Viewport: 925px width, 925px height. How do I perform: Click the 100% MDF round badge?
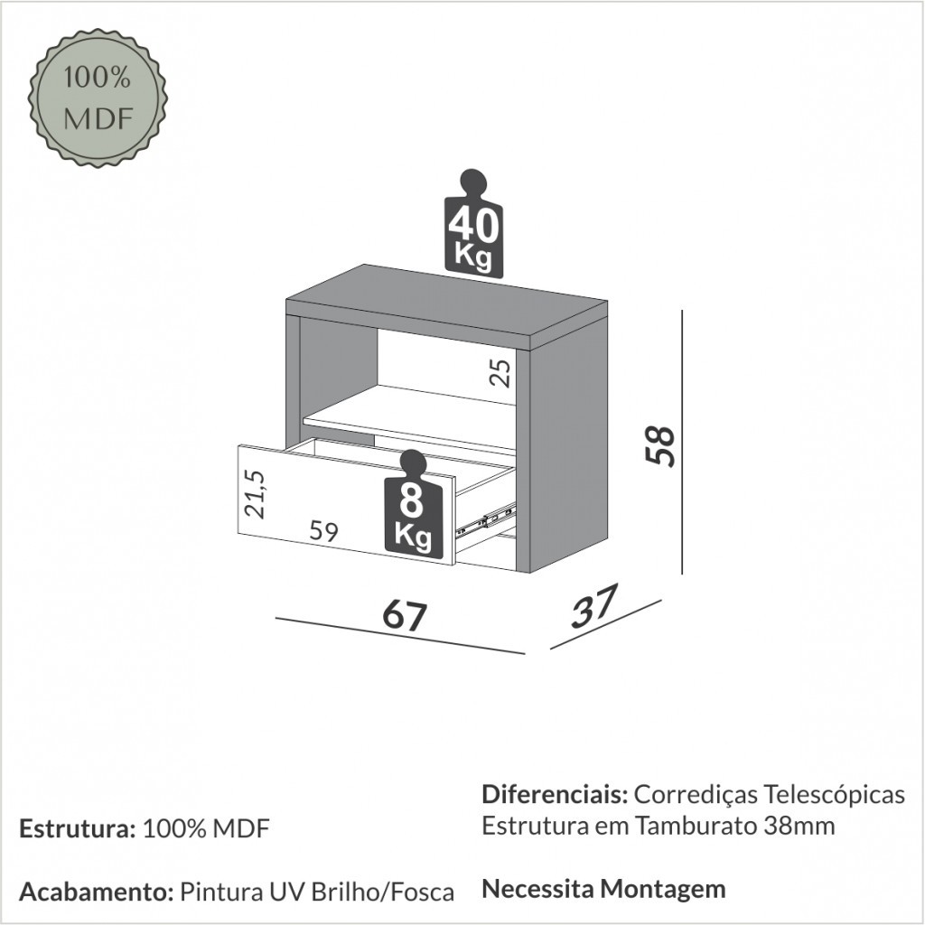pos(98,98)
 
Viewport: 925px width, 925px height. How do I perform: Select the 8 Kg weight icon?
pos(414,504)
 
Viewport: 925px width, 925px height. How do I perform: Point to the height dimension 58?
pos(660,446)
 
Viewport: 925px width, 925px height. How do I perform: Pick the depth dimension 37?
pos(594,606)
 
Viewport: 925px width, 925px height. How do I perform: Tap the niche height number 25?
pos(500,373)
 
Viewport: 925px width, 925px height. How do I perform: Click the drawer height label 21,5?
pos(256,494)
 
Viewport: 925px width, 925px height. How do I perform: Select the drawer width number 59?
pos(324,532)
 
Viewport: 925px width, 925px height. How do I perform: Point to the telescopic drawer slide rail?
pos(486,519)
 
